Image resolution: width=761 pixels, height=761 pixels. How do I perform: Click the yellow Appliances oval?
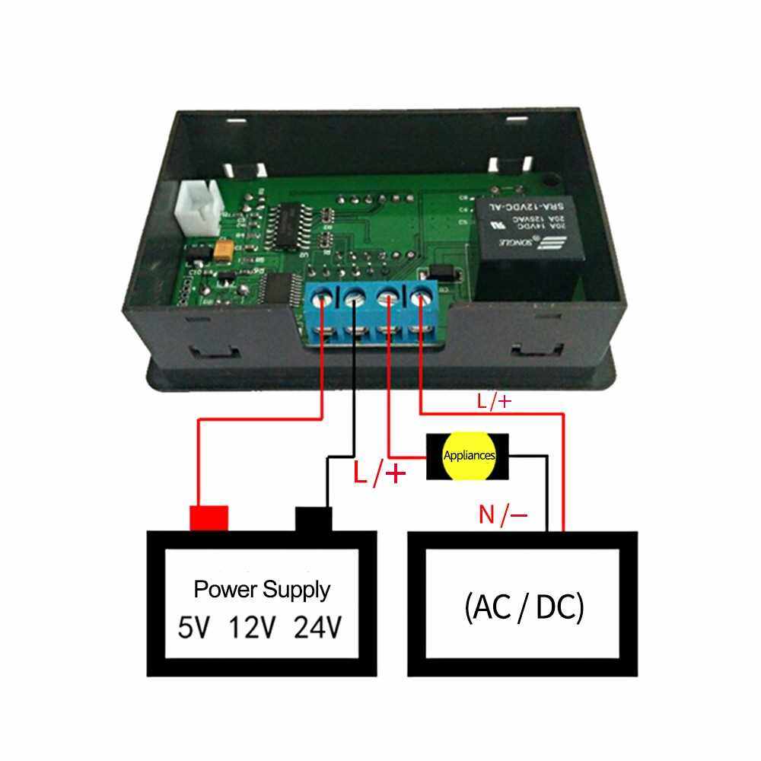pos(468,457)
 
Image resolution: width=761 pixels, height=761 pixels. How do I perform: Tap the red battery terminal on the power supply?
pos(209,517)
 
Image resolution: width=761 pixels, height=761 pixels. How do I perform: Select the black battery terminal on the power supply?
pos(314,520)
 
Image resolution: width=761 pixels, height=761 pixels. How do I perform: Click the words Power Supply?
pos(262,589)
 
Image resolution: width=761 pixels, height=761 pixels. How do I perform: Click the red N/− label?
pos(503,515)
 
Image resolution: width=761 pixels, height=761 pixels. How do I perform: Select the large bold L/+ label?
pos(379,475)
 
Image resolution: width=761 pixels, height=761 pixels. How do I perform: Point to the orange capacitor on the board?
pos(223,252)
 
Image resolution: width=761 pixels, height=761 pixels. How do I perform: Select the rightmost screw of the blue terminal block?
pos(419,299)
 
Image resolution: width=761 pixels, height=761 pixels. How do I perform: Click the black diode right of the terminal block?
pos(441,272)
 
